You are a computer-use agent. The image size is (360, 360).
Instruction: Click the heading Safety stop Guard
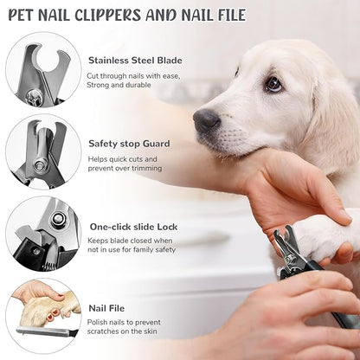coord(129,144)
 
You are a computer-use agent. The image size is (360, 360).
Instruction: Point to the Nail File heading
coord(107,306)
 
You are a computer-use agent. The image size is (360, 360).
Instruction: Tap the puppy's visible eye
coord(273,84)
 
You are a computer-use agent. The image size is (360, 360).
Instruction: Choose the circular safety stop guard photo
coord(43,153)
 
